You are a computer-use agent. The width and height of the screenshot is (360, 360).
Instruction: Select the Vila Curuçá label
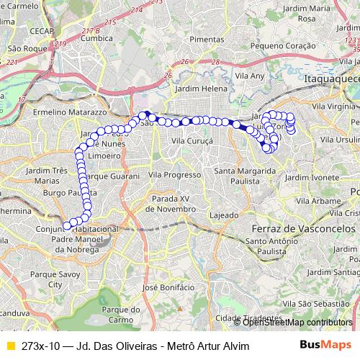coord(192,142)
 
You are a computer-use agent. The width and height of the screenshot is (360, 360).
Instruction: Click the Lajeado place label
coord(223,215)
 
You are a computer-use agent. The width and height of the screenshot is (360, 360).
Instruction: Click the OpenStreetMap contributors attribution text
coord(297,323)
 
